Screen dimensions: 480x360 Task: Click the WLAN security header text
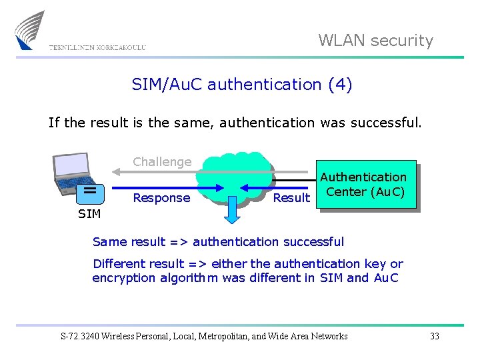coord(375,41)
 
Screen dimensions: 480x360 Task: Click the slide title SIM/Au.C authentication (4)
coord(242,85)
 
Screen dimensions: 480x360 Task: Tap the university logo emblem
coord(30,31)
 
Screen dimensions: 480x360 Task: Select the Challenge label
coord(162,161)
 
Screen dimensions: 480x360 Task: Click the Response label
coord(161,198)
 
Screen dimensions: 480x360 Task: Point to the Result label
coord(291,198)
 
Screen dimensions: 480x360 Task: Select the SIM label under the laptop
coord(89,214)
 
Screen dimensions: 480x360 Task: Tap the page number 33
coord(435,336)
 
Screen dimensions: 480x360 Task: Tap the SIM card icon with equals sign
coord(89,192)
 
